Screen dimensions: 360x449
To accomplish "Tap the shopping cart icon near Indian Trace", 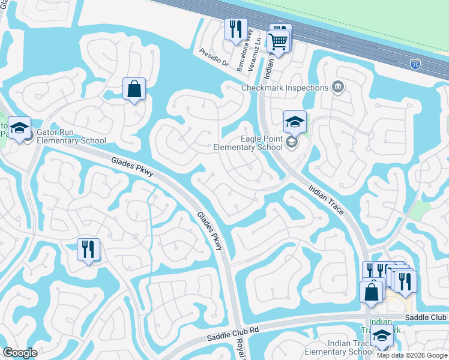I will [279, 41].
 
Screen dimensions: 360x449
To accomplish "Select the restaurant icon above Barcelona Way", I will [235, 28].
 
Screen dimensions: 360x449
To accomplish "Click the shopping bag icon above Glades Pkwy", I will [134, 89].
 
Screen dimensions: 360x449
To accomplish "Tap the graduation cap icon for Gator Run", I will [20, 128].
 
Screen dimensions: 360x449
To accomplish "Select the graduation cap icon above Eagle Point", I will [295, 121].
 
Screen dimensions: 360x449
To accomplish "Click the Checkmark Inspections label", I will [285, 88].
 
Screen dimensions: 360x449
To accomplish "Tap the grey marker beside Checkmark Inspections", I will [337, 88].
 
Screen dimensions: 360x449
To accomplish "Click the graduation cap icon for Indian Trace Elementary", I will [382, 336].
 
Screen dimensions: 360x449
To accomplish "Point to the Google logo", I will [20, 353].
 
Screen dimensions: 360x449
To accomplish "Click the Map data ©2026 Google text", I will [412, 355].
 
